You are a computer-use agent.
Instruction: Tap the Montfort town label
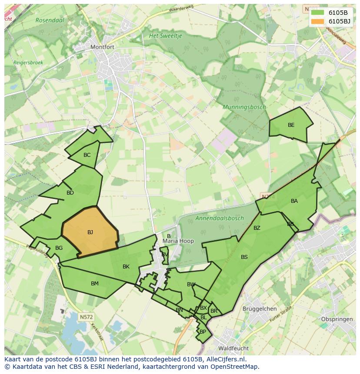(x=101, y=47)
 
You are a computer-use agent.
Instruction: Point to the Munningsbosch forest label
(x=244, y=107)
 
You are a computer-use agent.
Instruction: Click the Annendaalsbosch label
(x=220, y=218)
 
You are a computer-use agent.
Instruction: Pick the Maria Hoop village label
(x=178, y=241)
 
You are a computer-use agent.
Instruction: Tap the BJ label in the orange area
(x=90, y=232)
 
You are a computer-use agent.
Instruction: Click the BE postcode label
(x=291, y=125)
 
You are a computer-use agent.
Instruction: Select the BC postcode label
(x=87, y=155)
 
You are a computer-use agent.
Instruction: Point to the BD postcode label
(x=70, y=193)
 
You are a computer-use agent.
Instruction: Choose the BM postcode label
(x=94, y=284)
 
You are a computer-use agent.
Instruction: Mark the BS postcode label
(x=244, y=257)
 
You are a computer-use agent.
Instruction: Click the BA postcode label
(x=294, y=201)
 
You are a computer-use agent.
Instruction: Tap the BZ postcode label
(x=257, y=228)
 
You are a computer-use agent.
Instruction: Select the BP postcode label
(x=203, y=331)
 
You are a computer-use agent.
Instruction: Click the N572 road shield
(x=86, y=317)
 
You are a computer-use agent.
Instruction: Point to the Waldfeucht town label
(x=233, y=348)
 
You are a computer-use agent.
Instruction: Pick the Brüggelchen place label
(x=260, y=309)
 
